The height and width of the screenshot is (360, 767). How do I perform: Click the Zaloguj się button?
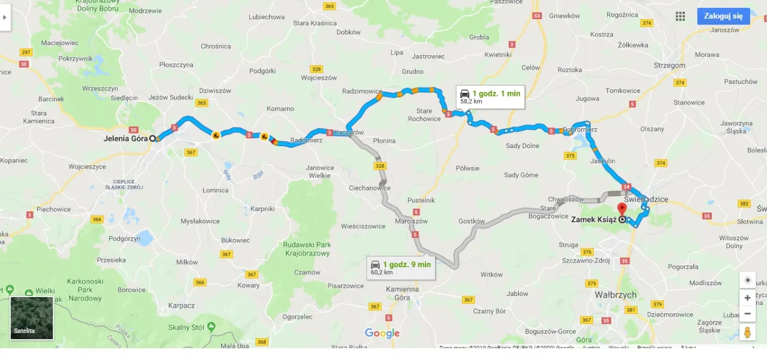pos(723,16)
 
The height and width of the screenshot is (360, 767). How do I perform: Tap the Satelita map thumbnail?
pos(32,318)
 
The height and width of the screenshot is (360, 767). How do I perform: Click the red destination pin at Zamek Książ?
pos(622,209)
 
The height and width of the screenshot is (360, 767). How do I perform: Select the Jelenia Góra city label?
pos(125,139)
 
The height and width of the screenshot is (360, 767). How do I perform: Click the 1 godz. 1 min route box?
pos(490,96)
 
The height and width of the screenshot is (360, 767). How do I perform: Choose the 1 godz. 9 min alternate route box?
pos(401,268)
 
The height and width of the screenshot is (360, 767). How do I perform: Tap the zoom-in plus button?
pos(747,298)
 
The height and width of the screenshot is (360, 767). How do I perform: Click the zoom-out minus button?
pos(747,313)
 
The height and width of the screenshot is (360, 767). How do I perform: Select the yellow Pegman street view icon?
pos(747,332)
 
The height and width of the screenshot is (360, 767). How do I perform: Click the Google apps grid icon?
pos(680,16)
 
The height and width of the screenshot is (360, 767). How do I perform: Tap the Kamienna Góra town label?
pos(402,294)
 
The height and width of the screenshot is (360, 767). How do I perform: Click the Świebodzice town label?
pos(646,199)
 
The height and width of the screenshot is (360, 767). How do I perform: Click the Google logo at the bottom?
pos(382,334)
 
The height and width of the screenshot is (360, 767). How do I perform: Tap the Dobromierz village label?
pos(580,129)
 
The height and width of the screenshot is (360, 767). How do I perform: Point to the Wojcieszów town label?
pos(319,78)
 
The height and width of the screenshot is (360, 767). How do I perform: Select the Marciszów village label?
pos(411,221)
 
